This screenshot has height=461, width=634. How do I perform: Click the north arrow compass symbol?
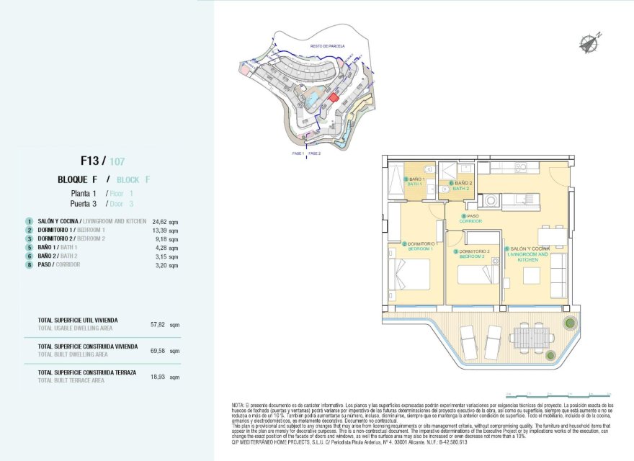(x=590, y=42)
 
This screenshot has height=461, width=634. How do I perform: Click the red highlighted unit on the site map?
(x=333, y=97)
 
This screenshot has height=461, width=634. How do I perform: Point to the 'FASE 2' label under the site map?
(x=315, y=153)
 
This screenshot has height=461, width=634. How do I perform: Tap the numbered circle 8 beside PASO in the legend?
(x=30, y=264)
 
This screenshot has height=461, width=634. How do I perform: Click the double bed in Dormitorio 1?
(x=410, y=274)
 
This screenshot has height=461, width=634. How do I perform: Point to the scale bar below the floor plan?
(x=558, y=395)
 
